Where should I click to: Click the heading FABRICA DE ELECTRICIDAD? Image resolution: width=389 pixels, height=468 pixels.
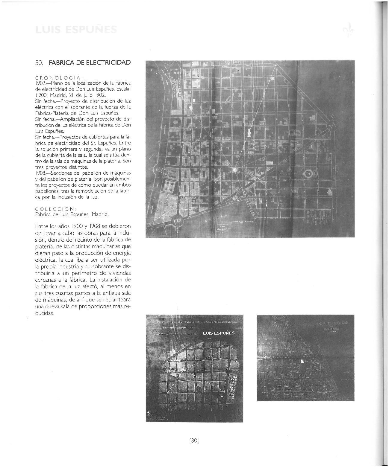coord(90,63)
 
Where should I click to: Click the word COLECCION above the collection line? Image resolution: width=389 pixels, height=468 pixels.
coord(56,209)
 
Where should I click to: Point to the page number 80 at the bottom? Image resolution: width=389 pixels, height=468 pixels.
coord(194,440)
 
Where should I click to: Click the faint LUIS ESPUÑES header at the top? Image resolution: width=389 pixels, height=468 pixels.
coord(75,30)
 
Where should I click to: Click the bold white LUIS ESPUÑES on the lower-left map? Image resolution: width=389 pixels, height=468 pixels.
coord(219,333)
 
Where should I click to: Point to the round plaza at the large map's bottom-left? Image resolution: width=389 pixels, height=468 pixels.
coord(177,221)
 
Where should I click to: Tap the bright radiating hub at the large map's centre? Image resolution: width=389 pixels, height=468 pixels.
coord(235,170)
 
